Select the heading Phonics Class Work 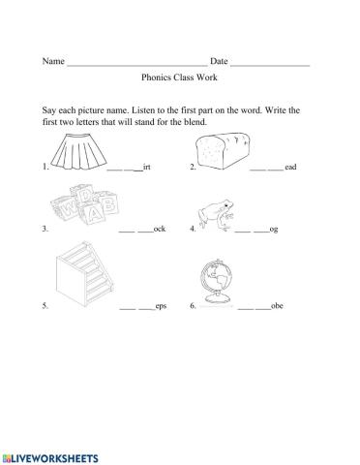180,84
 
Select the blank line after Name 135,64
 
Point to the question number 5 45,306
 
